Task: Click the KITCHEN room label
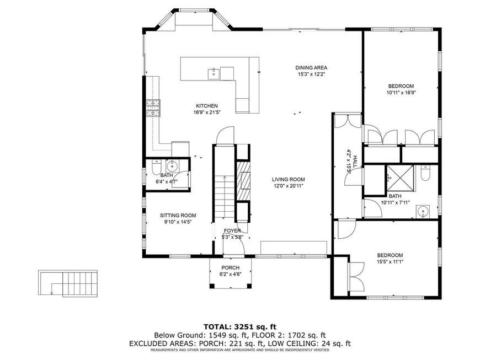pos(207,106)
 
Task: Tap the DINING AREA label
pos(311,68)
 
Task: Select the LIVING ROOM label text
pos(289,180)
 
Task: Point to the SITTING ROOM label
pos(178,216)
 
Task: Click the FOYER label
pos(232,230)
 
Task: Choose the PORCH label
pos(231,267)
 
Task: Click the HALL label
pos(355,161)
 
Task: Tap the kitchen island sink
pos(214,73)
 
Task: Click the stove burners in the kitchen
pos(153,108)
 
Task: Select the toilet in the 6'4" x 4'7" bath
pos(156,167)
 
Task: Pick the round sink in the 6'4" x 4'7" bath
pos(172,166)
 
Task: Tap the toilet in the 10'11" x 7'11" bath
pos(425,173)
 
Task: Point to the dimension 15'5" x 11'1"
pos(390,261)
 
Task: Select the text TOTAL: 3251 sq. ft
pos(240,327)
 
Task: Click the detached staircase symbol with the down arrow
pos(68,283)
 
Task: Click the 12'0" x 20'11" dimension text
pos(289,186)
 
